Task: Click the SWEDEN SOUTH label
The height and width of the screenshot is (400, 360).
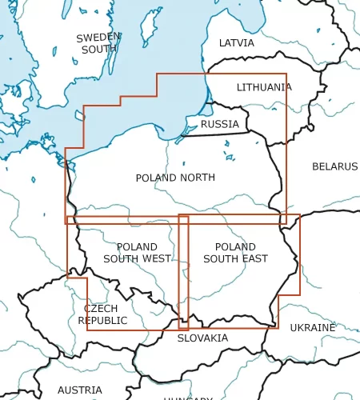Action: [98, 43]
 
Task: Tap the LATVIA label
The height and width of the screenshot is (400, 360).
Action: [236, 43]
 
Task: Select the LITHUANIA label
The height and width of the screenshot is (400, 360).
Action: [264, 87]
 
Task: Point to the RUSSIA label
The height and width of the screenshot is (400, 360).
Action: [219, 124]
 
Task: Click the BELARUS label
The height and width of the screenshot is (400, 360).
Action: [334, 166]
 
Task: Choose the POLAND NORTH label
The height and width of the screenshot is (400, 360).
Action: [175, 178]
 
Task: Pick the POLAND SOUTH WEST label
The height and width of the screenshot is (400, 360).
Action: [137, 253]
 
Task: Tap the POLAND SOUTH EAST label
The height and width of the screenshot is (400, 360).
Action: [235, 253]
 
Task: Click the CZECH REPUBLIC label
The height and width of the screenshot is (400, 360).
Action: [102, 314]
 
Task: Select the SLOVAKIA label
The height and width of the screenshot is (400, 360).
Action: [202, 338]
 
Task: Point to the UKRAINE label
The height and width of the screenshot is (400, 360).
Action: [313, 328]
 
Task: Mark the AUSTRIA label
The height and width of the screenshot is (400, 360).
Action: [79, 390]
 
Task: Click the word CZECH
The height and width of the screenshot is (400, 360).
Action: [101, 309]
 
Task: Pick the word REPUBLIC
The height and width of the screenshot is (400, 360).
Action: [102, 320]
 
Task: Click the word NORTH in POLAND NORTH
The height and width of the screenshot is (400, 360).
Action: [198, 178]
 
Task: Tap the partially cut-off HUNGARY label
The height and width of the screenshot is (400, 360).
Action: [188, 398]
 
